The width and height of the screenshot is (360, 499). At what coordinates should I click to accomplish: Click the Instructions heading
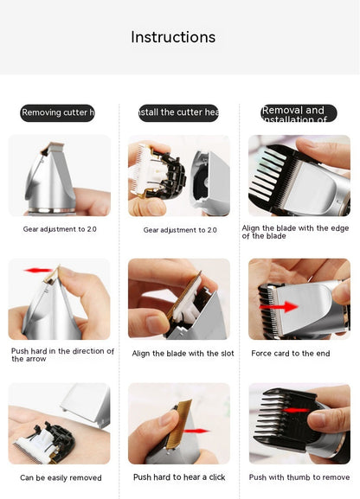[173, 37]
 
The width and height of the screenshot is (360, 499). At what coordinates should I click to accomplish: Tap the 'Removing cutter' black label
[58, 112]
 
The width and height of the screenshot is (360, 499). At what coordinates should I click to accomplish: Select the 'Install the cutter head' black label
[178, 112]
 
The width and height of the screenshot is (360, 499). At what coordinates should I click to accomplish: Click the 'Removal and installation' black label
[299, 113]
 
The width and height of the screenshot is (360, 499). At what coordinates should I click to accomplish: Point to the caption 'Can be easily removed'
[61, 477]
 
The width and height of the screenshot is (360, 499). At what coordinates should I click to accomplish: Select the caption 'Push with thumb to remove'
[299, 477]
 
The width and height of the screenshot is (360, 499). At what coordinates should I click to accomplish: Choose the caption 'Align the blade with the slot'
[183, 353]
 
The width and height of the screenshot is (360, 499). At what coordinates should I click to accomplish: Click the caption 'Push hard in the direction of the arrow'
[62, 355]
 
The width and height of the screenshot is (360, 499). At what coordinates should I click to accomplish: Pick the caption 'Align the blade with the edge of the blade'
[295, 232]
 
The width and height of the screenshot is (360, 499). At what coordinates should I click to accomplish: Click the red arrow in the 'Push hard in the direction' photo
[39, 271]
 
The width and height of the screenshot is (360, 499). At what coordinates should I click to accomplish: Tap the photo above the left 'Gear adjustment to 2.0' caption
[59, 175]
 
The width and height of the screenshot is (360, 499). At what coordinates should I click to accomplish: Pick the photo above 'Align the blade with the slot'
[179, 298]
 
